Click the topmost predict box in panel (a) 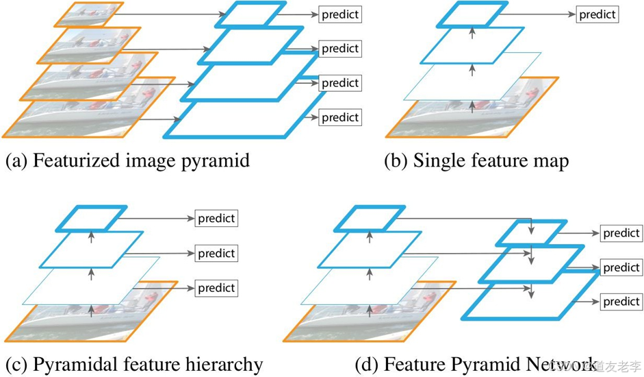tap(340, 14)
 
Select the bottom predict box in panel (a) tap(340, 117)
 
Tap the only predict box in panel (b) tap(597, 14)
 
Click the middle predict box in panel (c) tap(216, 254)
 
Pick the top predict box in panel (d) tap(621, 233)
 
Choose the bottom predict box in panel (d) tap(621, 301)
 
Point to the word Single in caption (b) tap(436, 161)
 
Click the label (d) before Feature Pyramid tap(367, 364)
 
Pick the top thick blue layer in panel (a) tap(248, 14)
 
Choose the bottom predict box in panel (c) tap(216, 288)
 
